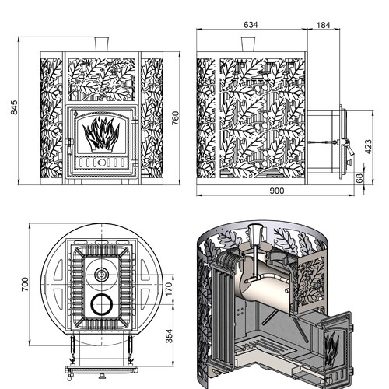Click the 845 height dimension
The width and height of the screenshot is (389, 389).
point(14,107)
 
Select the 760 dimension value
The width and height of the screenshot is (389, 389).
point(176,118)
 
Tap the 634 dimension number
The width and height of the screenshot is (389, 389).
point(251,25)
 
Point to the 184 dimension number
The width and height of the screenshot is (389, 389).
point(324,25)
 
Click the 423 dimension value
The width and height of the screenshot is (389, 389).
point(368,147)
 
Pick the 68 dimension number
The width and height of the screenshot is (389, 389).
point(359,178)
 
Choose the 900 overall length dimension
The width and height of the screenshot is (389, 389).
point(277,191)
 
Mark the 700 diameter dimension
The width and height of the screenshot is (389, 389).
point(25,284)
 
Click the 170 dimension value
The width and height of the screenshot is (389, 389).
point(169,289)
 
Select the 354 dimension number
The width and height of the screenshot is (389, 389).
point(169,336)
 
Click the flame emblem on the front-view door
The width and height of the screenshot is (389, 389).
point(101,135)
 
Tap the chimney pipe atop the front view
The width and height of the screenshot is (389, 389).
point(102,44)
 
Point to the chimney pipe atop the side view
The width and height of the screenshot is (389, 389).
point(248,44)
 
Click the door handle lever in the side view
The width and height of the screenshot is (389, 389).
point(348,147)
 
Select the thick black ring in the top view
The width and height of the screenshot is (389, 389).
point(102,304)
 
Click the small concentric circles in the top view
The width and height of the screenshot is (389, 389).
point(102,274)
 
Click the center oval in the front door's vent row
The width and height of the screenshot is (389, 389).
point(101,163)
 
